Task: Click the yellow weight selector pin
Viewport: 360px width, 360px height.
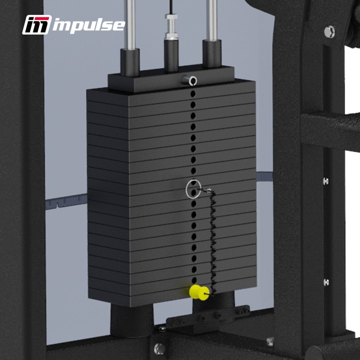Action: click(199, 292)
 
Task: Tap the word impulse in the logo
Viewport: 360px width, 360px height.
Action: click(89, 25)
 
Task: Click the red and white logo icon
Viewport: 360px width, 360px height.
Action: click(37, 25)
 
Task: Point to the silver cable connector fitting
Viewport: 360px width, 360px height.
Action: click(171, 27)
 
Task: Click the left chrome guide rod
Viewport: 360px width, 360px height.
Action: click(130, 24)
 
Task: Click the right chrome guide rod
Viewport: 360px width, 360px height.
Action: click(212, 21)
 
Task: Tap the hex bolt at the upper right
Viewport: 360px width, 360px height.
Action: click(329, 32)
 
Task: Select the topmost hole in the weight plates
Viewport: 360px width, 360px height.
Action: click(193, 94)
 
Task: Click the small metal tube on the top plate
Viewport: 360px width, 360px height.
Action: click(190, 80)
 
